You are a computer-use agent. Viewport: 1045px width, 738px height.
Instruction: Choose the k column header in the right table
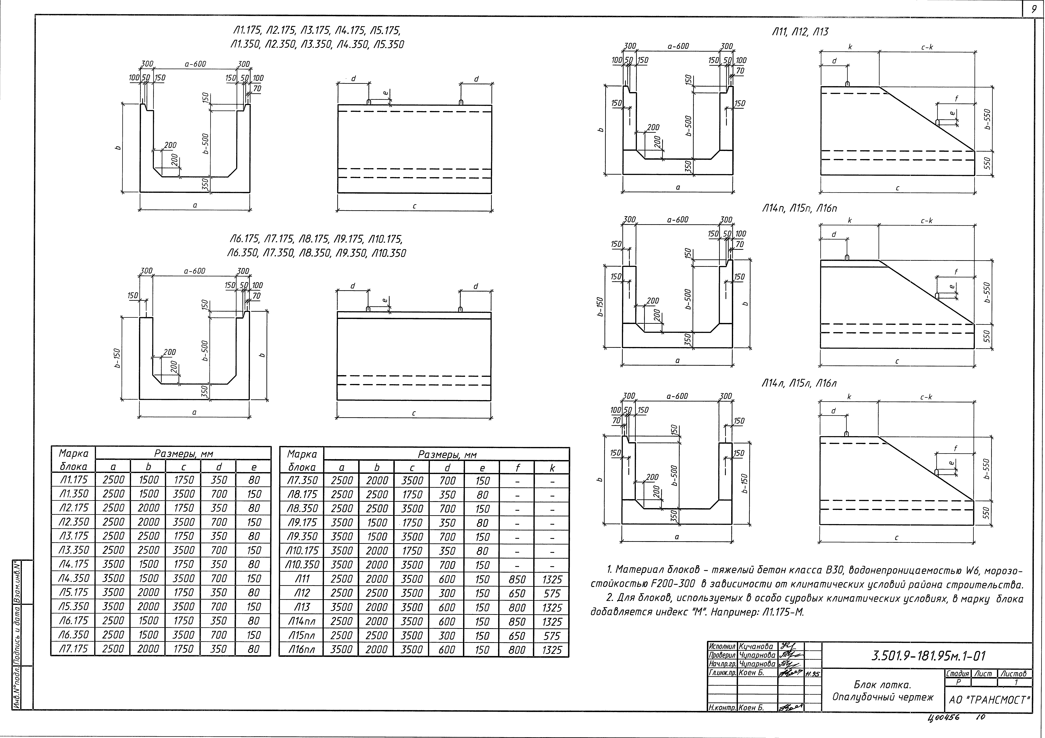click(552, 468)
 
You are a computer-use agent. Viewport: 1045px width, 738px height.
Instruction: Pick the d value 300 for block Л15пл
click(447, 636)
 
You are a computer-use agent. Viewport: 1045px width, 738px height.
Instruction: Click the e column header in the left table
click(253, 467)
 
